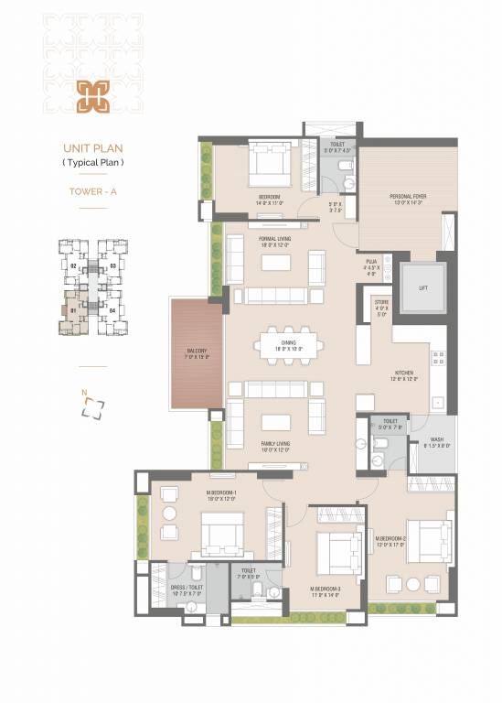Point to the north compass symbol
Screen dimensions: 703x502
(92, 407)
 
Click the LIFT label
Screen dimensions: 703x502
(422, 287)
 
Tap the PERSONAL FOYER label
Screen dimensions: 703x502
(408, 199)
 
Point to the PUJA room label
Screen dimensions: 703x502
(370, 266)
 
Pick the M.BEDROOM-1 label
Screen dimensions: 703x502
(221, 495)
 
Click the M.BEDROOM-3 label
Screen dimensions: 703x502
(325, 591)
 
